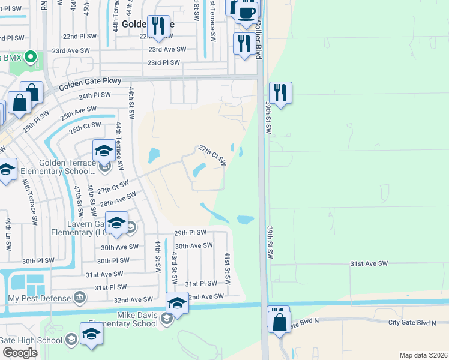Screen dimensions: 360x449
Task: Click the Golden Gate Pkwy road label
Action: (x=90, y=80)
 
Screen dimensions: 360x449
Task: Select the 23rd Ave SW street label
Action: (x=167, y=49)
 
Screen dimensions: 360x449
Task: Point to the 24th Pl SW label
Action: (x=94, y=95)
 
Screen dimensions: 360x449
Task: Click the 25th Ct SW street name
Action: (x=84, y=128)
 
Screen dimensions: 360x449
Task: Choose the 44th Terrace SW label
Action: (x=119, y=144)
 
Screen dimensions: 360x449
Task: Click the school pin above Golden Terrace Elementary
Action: (x=104, y=151)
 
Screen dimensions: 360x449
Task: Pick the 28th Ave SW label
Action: (x=118, y=197)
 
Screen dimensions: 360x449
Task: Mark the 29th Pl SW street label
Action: (x=190, y=232)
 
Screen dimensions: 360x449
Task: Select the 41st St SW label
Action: (x=228, y=268)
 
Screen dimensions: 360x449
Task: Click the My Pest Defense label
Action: (x=39, y=298)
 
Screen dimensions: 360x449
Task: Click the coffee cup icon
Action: (x=246, y=11)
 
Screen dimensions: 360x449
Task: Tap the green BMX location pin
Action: (x=31, y=58)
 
